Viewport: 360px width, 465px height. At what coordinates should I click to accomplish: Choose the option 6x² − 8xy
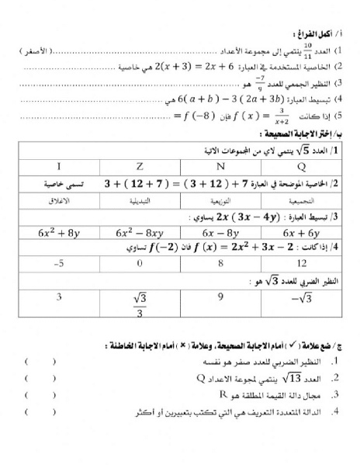coord(139,231)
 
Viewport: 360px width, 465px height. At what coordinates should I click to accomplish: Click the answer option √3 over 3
coord(140,303)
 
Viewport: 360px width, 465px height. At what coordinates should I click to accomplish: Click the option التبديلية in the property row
coord(139,200)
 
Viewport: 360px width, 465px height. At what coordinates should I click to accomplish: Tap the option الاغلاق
coord(58,200)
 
